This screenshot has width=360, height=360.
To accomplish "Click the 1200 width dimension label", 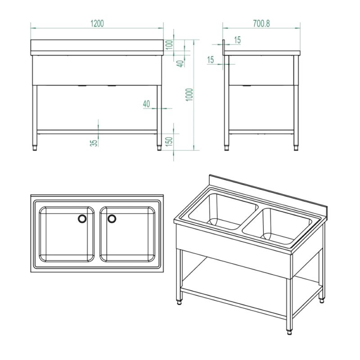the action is [97, 23].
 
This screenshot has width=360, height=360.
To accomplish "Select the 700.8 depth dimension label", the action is [261, 23].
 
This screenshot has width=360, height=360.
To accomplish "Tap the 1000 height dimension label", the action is [189, 95].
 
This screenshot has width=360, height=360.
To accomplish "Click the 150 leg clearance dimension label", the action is [169, 142].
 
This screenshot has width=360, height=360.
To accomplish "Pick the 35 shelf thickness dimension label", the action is [94, 143].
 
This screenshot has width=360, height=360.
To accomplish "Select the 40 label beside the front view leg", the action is [147, 104].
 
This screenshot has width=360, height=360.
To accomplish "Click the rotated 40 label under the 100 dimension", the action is [181, 63].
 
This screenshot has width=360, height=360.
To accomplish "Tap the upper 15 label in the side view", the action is [238, 40].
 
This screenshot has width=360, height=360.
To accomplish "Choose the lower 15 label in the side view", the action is [211, 60].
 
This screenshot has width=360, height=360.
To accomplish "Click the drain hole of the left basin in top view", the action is [82, 219].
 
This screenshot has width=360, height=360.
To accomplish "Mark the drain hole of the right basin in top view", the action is [112, 219].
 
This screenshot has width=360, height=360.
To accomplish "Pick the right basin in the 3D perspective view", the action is [277, 227].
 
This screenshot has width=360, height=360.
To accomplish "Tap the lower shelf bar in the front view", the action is [97, 132].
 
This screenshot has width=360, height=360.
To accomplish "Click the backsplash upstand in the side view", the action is [223, 47].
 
